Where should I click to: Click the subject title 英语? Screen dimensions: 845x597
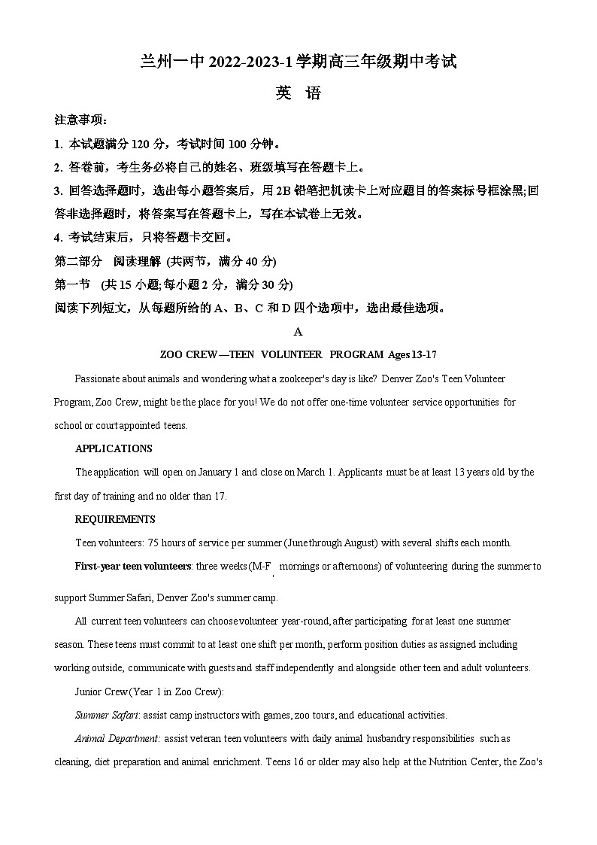point(298,93)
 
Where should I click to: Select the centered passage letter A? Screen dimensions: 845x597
point(298,331)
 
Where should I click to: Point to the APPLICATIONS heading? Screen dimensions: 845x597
point(114,448)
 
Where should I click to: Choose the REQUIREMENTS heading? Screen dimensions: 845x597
point(115,519)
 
